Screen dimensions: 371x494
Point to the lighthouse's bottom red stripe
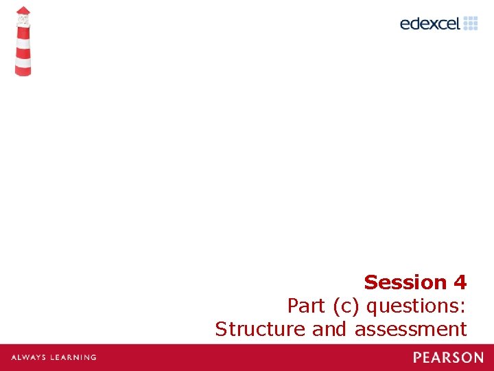[23, 70]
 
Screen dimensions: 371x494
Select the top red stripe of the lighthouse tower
[23, 33]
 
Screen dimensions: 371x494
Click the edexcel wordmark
[430, 23]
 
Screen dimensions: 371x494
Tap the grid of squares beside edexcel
[470, 23]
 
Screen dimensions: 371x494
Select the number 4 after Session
[460, 282]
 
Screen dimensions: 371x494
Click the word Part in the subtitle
[306, 305]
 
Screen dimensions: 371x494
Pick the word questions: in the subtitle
[419, 305]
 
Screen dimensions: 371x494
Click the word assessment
[410, 329]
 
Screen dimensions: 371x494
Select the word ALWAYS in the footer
[29, 357]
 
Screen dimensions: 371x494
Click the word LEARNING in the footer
[73, 357]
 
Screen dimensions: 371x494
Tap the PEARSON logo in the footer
[448, 357]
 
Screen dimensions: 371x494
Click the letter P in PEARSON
[417, 357]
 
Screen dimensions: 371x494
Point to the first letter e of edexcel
[405, 24]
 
